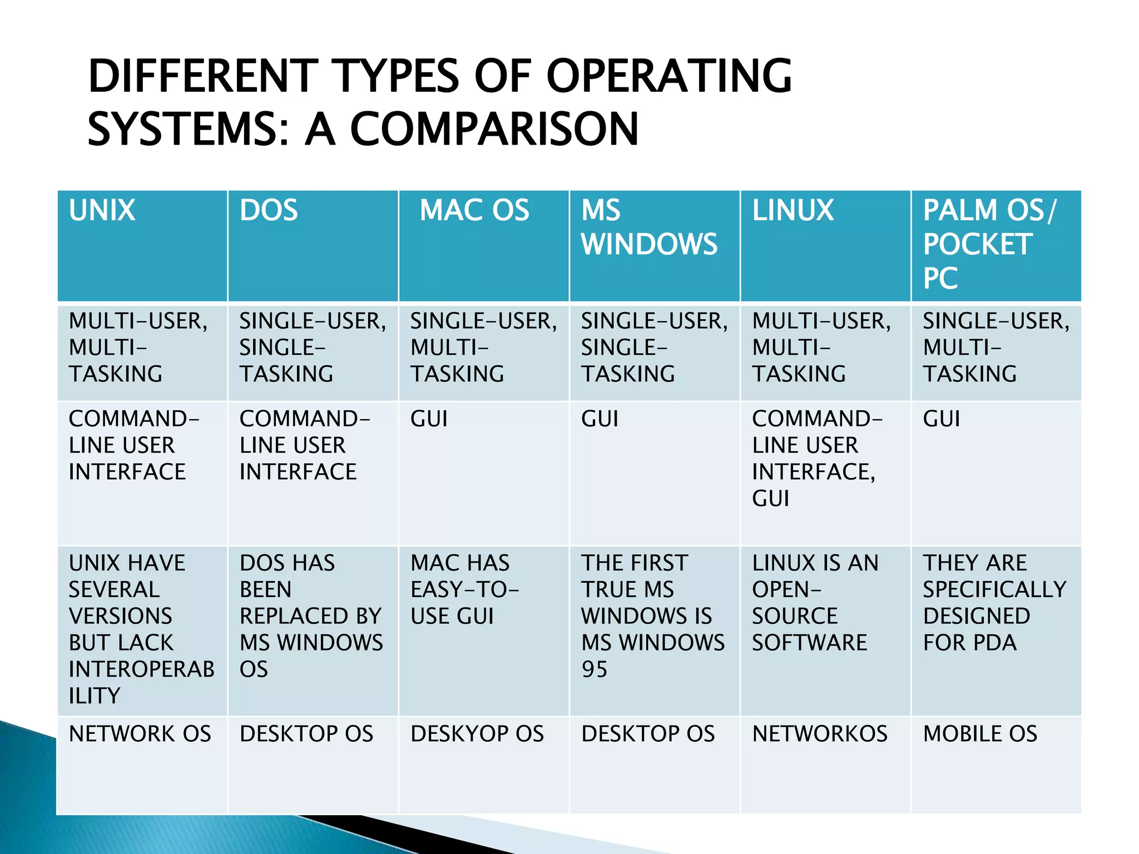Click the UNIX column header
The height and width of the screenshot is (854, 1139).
pyautogui.click(x=102, y=211)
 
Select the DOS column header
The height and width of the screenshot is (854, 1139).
pyautogui.click(x=269, y=211)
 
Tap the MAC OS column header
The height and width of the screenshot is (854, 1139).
pyautogui.click(x=474, y=211)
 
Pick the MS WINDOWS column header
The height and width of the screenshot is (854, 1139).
pyautogui.click(x=649, y=227)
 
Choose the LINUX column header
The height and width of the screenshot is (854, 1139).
pyautogui.click(x=793, y=211)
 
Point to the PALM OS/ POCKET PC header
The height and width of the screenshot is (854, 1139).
pyautogui.click(x=989, y=244)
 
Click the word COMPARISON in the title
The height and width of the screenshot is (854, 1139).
pyautogui.click(x=494, y=129)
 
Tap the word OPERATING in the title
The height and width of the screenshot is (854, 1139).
pyautogui.click(x=669, y=76)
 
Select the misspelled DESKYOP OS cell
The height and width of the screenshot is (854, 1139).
pyautogui.click(x=477, y=734)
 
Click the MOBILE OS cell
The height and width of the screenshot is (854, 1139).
pyautogui.click(x=980, y=734)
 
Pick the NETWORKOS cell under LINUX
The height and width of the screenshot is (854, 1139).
pyautogui.click(x=820, y=734)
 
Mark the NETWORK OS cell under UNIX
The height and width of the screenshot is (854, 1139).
pyautogui.click(x=140, y=734)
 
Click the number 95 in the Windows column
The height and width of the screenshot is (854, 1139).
pyautogui.click(x=595, y=669)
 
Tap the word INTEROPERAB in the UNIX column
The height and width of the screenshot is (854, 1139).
pyautogui.click(x=142, y=669)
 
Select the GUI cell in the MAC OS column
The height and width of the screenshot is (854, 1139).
pyautogui.click(x=429, y=419)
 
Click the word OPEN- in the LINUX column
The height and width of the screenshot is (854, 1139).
pyautogui.click(x=786, y=589)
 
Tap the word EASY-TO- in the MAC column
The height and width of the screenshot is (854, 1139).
pyautogui.click(x=464, y=589)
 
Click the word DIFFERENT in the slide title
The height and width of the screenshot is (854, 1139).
pyautogui.click(x=203, y=76)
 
